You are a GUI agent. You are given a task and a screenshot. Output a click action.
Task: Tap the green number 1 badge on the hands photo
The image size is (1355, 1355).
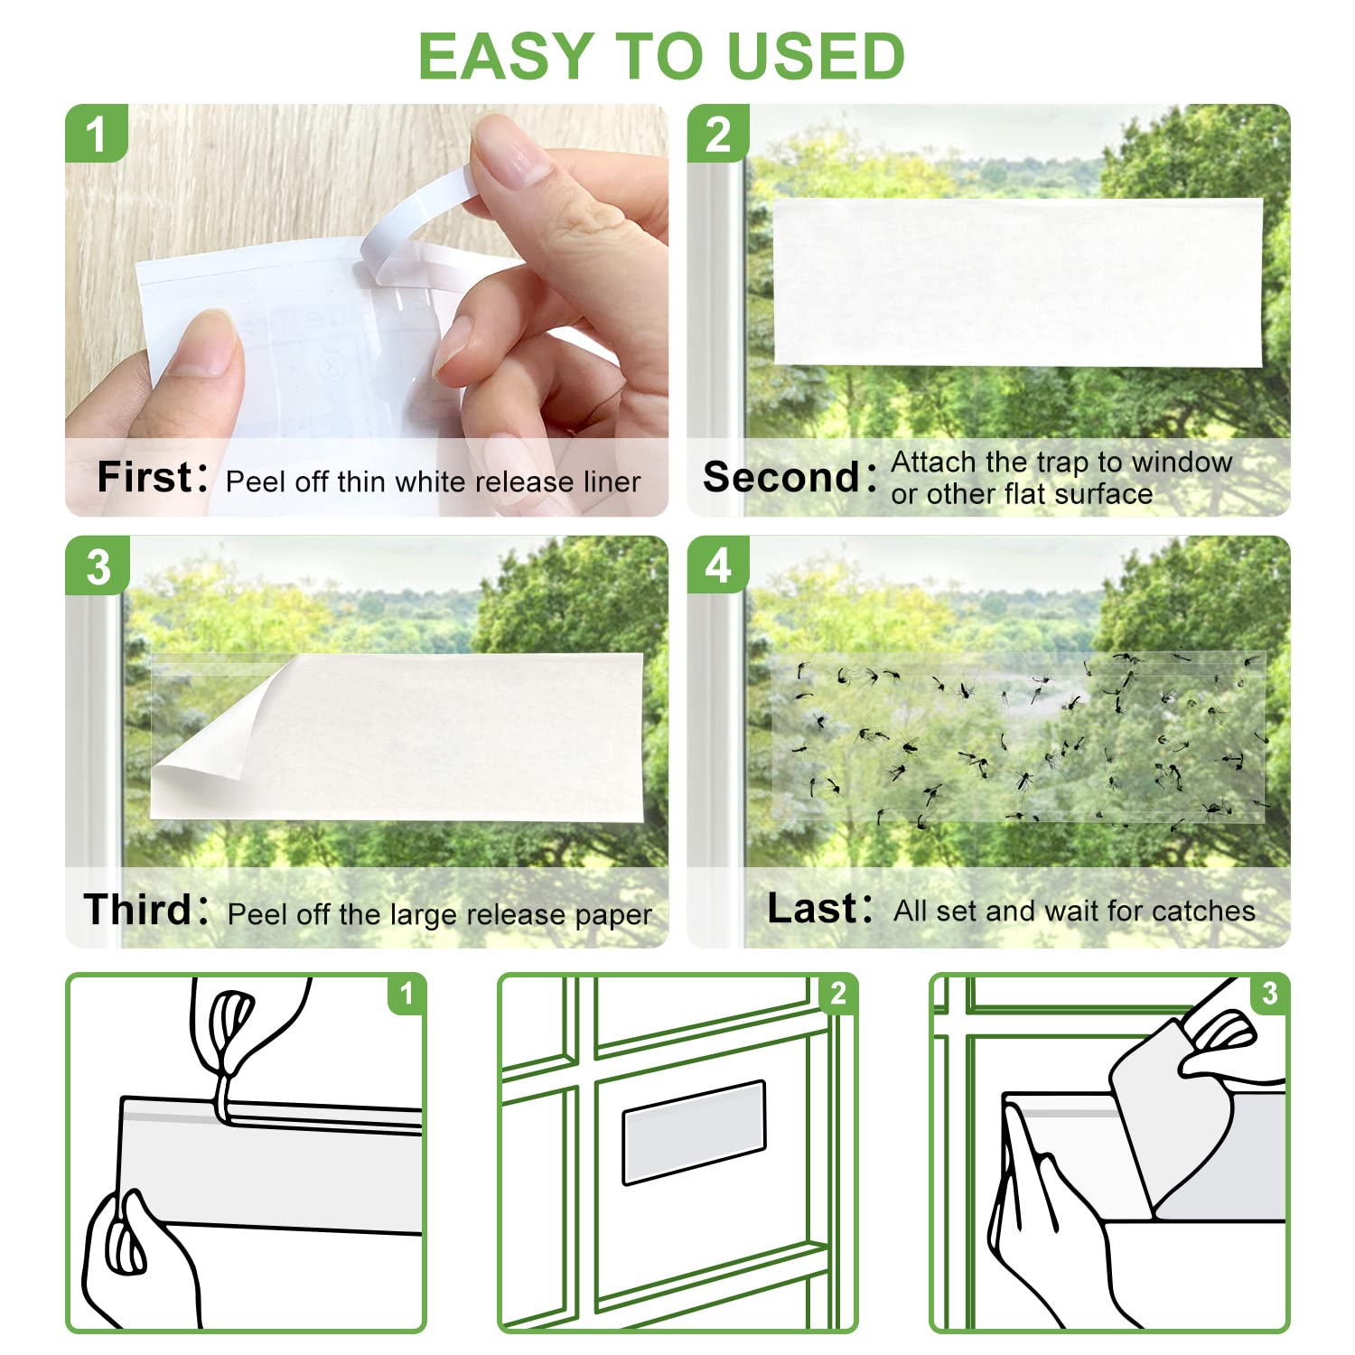(96, 134)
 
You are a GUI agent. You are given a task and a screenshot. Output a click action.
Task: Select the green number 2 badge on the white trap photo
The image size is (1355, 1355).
(717, 134)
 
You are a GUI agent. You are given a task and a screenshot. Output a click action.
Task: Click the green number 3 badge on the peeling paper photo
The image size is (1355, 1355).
(98, 566)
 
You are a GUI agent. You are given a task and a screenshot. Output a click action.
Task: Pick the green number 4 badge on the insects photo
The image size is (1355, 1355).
(718, 566)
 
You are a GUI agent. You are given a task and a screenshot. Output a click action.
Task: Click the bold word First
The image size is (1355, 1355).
(145, 477)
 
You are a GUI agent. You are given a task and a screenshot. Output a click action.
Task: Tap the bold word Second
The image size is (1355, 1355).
(781, 477)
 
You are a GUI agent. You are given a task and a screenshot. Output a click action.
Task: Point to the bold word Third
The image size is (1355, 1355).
(137, 910)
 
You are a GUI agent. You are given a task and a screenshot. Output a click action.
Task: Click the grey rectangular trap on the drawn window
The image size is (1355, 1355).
(694, 1130)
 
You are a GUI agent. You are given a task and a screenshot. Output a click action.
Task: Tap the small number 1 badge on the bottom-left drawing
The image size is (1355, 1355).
(406, 994)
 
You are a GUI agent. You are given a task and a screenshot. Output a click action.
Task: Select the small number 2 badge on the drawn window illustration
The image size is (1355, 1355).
(838, 994)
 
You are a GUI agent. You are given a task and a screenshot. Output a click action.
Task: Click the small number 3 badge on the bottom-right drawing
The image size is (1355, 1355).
(1270, 994)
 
